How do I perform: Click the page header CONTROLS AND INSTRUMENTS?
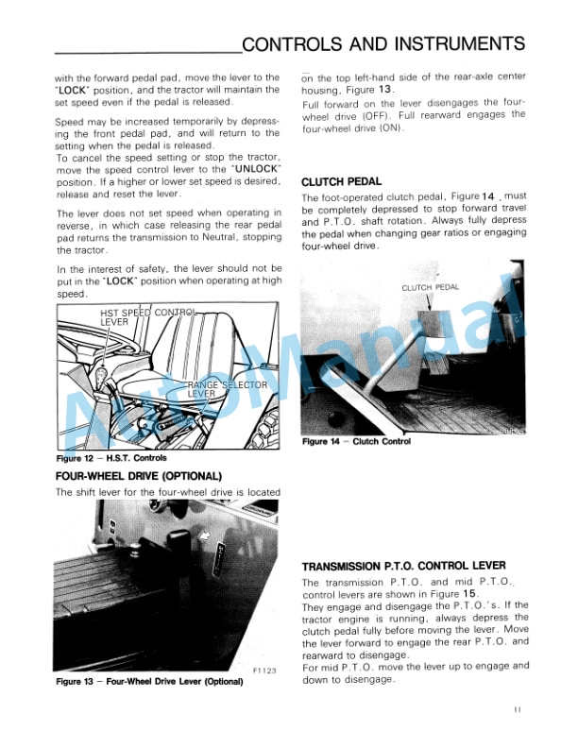pos(383,44)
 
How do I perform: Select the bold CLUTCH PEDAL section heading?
pos(341,181)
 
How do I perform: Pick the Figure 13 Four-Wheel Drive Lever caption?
pos(143,680)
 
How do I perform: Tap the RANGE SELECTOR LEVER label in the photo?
pos(229,389)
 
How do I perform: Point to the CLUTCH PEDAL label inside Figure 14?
pos(430,288)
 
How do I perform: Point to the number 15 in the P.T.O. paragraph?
pos(467,594)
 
